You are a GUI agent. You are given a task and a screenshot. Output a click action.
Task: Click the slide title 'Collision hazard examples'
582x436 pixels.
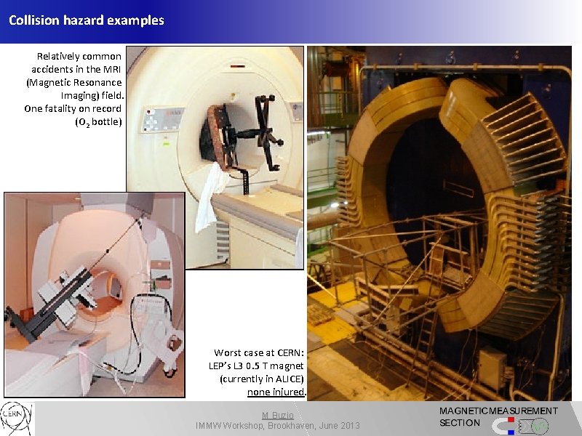click(x=87, y=20)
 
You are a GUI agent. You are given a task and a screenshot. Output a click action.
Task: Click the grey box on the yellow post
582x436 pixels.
click(x=492, y=366)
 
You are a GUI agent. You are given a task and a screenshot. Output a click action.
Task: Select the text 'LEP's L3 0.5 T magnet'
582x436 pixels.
click(x=257, y=366)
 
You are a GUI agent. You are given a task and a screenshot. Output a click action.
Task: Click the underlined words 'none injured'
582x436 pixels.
click(x=276, y=392)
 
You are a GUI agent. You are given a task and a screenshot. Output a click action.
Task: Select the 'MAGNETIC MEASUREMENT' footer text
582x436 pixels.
click(x=498, y=411)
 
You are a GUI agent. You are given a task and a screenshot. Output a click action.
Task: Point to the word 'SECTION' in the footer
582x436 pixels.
click(x=460, y=423)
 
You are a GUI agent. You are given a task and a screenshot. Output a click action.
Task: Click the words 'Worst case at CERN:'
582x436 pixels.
click(x=259, y=352)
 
